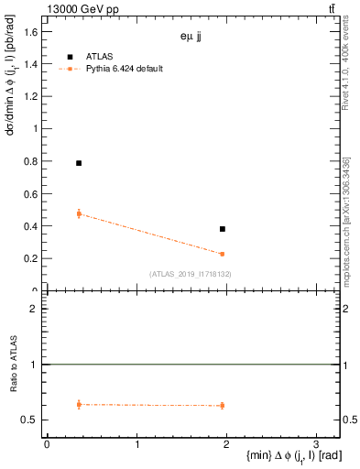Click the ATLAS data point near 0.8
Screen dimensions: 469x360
click(79, 163)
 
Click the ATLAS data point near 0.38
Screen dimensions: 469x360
click(223, 229)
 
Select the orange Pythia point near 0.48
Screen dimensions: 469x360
click(79, 213)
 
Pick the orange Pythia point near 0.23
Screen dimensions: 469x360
click(223, 254)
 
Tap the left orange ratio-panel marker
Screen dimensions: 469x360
click(79, 404)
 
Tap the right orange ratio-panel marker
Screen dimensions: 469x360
click(223, 405)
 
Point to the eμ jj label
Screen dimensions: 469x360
click(192, 38)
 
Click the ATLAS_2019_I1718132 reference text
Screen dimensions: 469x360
click(191, 274)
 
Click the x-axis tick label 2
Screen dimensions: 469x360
click(226, 444)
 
